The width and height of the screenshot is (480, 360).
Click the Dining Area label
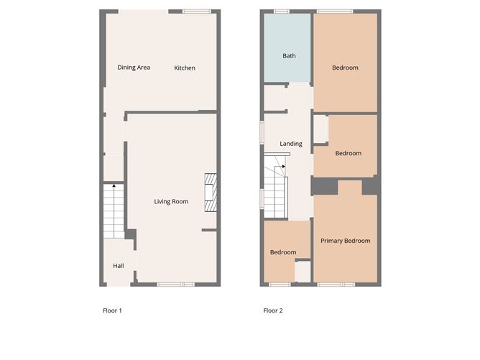coord(134,68)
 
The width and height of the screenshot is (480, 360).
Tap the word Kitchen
coord(185,68)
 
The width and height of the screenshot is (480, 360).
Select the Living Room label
coord(171,202)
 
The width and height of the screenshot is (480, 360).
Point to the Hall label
coord(118,266)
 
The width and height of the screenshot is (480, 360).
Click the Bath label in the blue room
coord(289,56)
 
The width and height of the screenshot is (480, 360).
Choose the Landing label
coord(291,144)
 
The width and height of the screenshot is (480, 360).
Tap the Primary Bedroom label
coord(345,241)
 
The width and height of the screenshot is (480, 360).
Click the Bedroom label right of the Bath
coord(345,68)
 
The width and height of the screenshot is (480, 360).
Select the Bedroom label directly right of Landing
coord(348,153)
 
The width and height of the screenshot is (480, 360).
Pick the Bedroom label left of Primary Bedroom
coord(283,252)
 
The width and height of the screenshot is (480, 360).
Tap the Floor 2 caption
coord(273,311)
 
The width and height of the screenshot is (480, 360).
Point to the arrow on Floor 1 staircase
coord(114,188)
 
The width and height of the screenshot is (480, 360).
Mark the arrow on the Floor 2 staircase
coord(284,167)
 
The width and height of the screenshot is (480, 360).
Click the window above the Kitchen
coord(195,11)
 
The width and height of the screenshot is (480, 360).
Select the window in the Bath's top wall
coord(281,11)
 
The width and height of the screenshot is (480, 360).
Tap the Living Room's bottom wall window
coord(176,285)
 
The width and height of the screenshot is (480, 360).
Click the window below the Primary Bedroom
coord(336,285)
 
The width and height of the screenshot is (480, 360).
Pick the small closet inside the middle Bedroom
coord(321,129)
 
